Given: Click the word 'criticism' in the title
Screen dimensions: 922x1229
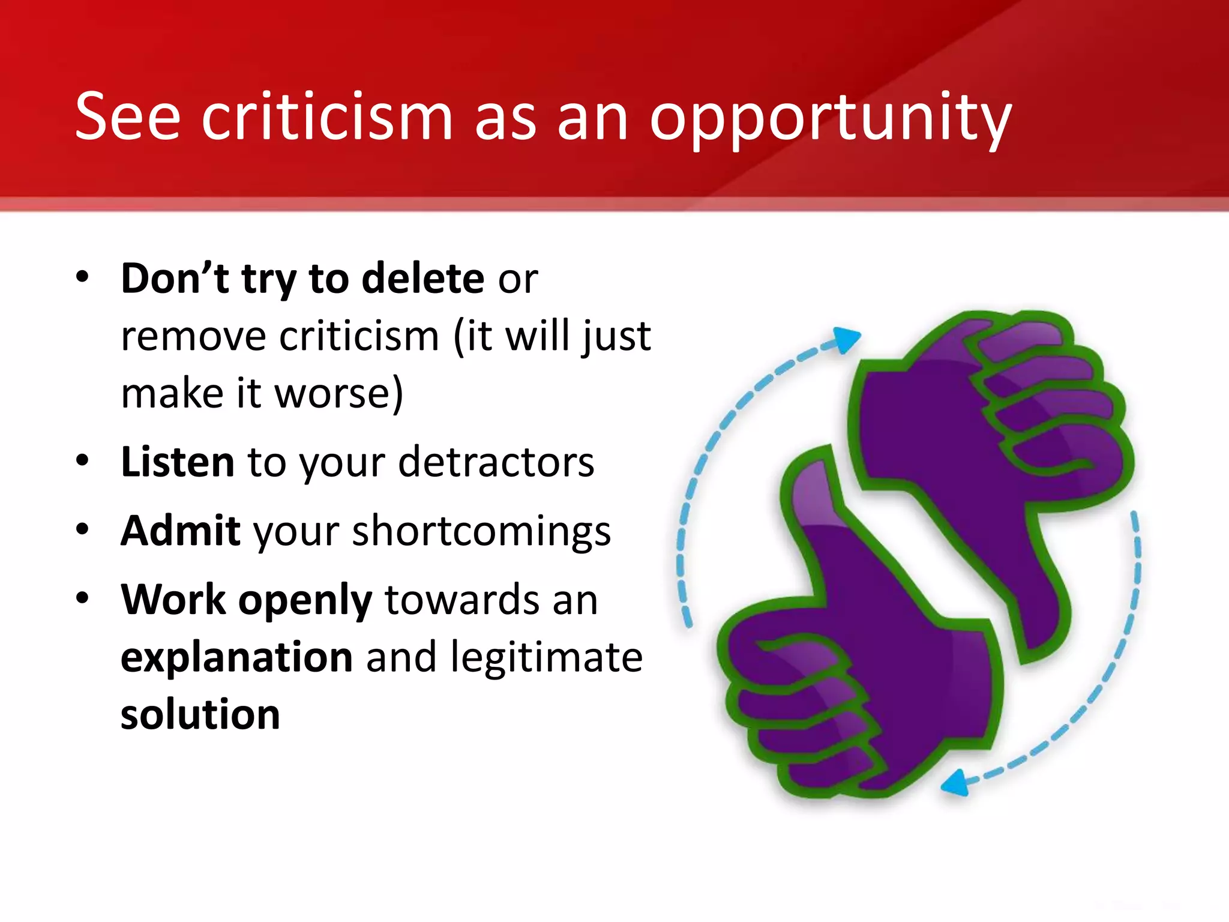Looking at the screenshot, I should coord(326,116).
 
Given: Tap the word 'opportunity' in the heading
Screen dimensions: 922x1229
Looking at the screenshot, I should coord(831,119).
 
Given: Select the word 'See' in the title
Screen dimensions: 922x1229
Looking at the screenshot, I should coord(127,116).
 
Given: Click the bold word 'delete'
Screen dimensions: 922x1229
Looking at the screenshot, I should coord(423,279).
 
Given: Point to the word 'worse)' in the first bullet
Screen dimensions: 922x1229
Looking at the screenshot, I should coord(338,394).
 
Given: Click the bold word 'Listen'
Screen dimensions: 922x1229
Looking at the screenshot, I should coord(178,462).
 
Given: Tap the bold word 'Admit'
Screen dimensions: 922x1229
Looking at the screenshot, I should coord(181,531).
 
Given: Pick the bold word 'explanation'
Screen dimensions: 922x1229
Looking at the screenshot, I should coord(236,657).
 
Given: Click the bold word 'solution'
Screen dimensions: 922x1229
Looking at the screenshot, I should coord(200,714).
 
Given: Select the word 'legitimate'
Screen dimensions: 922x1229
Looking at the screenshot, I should coord(547,657).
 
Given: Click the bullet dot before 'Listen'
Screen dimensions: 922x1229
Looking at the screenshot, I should coord(83,461).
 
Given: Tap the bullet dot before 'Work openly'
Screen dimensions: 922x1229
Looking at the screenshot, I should coord(83,598).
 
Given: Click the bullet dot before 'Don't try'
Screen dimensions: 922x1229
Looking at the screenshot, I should coord(83,277).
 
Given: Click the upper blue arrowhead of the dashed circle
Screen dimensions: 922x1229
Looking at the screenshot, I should coord(847,340).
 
